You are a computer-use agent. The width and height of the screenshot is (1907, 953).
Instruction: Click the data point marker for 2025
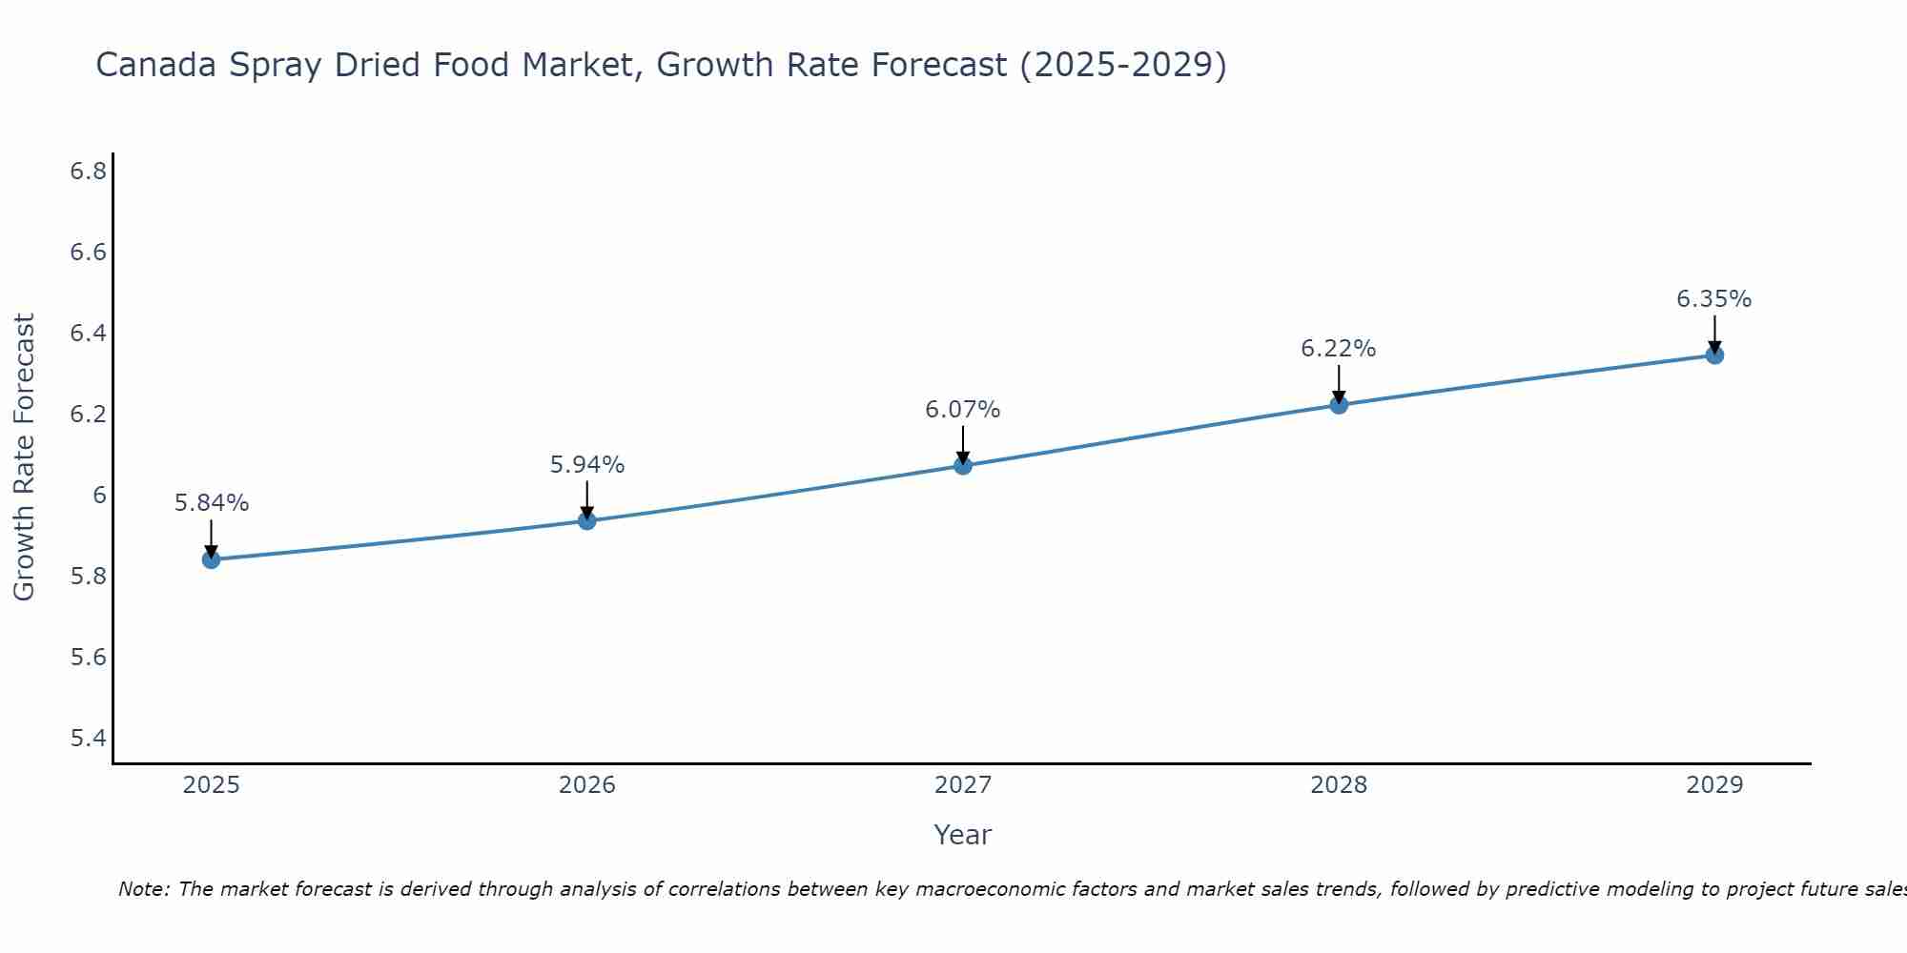212,559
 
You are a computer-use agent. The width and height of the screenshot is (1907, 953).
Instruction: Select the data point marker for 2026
587,520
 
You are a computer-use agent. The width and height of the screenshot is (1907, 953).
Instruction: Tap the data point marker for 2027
963,466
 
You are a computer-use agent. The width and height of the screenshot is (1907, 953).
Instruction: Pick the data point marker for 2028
1339,405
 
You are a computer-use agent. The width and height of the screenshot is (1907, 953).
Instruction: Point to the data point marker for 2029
1714,355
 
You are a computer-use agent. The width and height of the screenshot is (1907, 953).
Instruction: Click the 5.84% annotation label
212,503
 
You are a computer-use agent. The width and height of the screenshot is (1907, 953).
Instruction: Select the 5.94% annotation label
587,465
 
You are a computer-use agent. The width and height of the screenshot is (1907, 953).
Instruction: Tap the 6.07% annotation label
963,410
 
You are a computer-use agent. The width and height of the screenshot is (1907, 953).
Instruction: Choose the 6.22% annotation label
1339,349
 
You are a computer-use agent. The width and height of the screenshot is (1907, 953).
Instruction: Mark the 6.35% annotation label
1714,299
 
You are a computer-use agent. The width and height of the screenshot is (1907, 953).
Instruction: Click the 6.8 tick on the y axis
88,172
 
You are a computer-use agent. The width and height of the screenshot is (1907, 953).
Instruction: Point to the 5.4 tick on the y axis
88,739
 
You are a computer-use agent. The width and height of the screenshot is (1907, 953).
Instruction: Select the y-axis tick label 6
99,496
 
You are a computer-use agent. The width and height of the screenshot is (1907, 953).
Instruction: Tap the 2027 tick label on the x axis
963,785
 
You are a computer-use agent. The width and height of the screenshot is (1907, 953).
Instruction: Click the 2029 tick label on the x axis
1714,785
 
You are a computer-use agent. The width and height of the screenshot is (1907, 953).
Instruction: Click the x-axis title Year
963,835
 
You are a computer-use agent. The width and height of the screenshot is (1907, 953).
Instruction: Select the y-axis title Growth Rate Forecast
24,457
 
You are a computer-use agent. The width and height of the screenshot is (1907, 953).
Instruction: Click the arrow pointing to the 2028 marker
1339,384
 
